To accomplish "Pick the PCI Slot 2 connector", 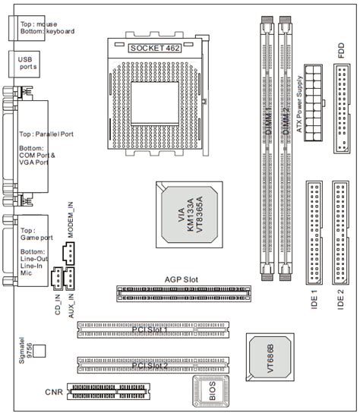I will (x=152, y=367).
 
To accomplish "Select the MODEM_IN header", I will (x=69, y=256).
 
